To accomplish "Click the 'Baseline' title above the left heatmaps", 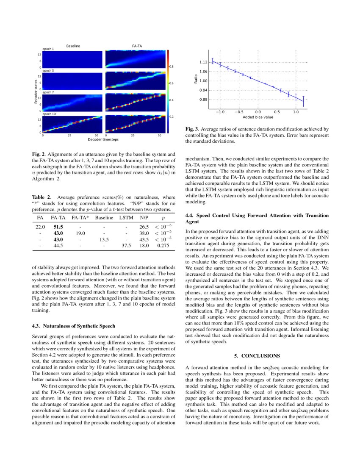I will click(73, 45).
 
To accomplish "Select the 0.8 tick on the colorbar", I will click(172, 67).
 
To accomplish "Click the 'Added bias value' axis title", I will click(258, 117).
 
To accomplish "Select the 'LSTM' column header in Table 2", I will click(126, 218).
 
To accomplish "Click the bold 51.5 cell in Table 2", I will click(58, 227).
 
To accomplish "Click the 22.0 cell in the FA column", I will click(40, 227).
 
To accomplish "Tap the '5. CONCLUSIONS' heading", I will click(257, 355).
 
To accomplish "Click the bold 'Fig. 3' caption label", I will click(192, 129).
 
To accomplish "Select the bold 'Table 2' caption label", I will click(42, 197).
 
